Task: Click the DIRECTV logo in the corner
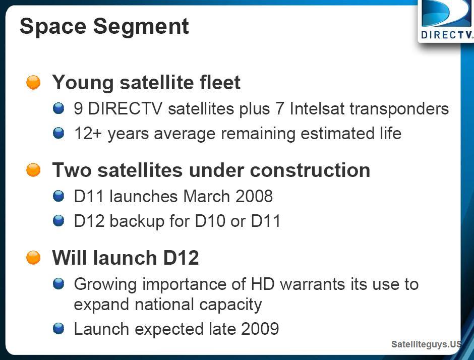446,21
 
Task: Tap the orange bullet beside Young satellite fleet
33,82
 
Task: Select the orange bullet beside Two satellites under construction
33,170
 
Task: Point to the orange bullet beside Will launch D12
33,258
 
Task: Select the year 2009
260,329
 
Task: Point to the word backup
137,221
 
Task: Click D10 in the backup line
210,221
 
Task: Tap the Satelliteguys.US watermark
426,344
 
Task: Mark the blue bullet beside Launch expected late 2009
58,329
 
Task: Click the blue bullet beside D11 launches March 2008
58,196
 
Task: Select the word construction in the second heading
310,170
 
